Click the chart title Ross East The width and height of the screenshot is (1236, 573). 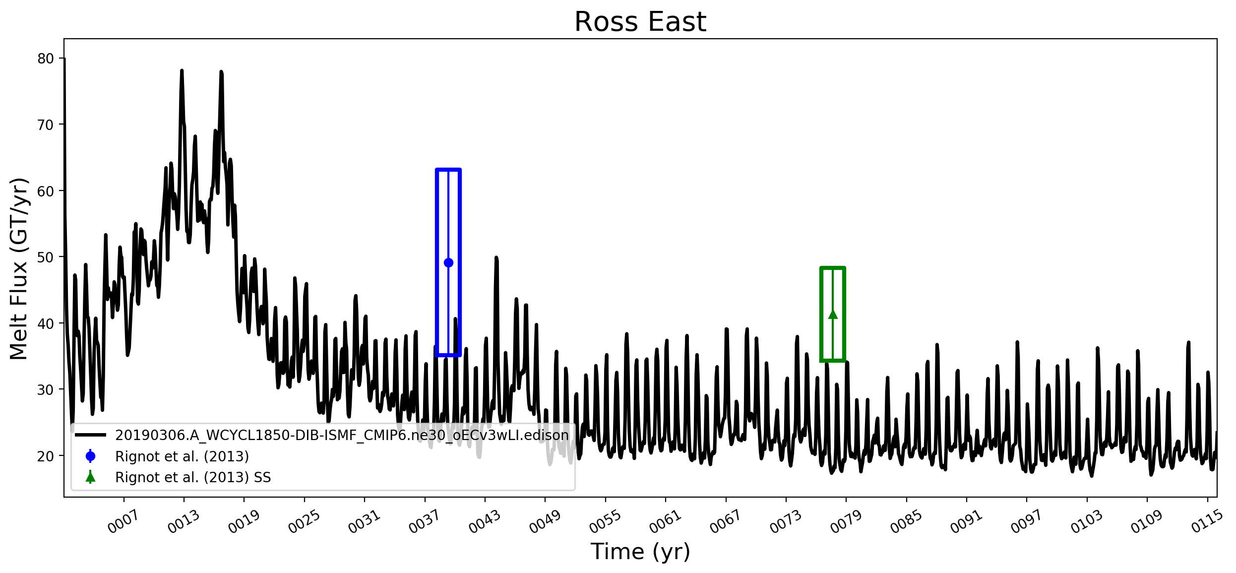[x=640, y=22]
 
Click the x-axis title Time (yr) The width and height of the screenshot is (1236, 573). [x=640, y=551]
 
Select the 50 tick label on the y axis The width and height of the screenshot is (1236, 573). [x=46, y=257]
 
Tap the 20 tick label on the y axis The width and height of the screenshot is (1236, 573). [x=46, y=456]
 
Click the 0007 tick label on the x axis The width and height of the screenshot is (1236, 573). [x=123, y=522]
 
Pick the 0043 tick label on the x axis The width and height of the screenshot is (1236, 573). [x=484, y=522]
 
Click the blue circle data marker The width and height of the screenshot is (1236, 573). [x=448, y=262]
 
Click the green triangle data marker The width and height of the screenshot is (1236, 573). [x=833, y=314]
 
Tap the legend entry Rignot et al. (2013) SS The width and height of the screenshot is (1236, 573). [x=193, y=477]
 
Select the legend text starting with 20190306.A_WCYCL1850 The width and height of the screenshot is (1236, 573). [x=342, y=435]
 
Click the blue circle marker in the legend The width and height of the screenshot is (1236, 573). [x=90, y=456]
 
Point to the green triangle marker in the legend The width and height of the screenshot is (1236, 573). [x=90, y=477]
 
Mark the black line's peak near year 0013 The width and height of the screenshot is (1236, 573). [x=182, y=71]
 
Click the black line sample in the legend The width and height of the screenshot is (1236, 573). [x=90, y=435]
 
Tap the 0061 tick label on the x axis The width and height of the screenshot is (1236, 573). [x=665, y=522]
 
